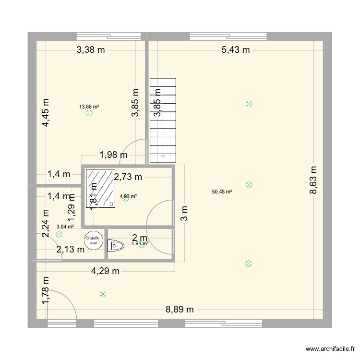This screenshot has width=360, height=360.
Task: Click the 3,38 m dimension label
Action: click(x=91, y=49)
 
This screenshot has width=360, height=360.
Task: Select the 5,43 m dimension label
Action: click(x=236, y=49)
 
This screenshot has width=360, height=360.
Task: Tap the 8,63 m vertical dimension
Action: click(x=314, y=180)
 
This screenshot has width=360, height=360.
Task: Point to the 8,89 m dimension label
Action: click(x=180, y=310)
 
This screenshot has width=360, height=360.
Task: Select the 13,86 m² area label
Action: click(x=89, y=107)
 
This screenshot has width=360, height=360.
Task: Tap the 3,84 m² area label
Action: click(x=65, y=227)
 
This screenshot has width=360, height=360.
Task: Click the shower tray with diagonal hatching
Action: click(x=101, y=188)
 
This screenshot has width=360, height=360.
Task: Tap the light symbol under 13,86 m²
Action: click(x=89, y=114)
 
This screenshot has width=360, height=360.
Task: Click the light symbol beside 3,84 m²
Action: click(x=59, y=235)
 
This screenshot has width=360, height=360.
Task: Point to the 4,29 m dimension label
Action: click(x=106, y=271)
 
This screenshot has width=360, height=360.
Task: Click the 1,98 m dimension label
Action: click(x=113, y=155)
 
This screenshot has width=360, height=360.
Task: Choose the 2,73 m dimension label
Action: click(x=128, y=177)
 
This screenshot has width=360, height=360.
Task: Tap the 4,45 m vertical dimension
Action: click(x=46, y=113)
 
